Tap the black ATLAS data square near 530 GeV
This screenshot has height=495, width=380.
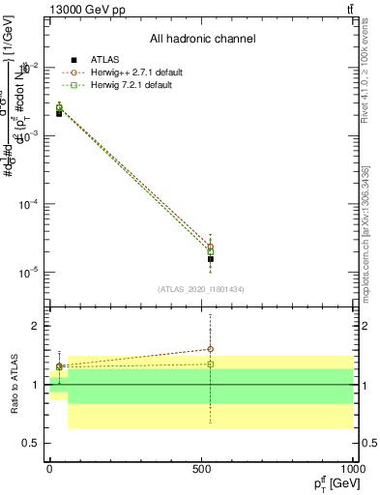pyautogui.click(x=210, y=259)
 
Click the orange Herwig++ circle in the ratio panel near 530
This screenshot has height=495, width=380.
pyautogui.click(x=210, y=349)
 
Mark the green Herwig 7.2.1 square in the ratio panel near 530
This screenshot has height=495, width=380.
pyautogui.click(x=210, y=364)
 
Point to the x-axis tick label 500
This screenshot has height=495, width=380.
pyautogui.click(x=202, y=469)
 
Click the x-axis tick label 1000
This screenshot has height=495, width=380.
pyautogui.click(x=353, y=469)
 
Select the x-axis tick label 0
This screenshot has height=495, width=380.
pyautogui.click(x=50, y=469)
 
